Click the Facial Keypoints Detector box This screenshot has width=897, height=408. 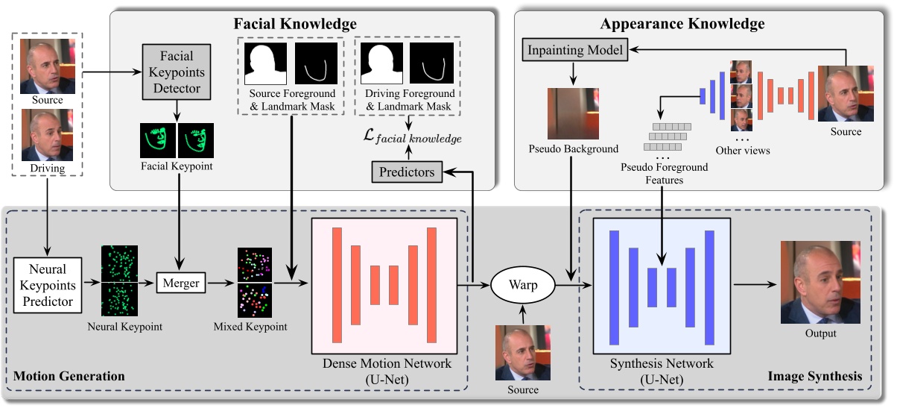click(x=177, y=72)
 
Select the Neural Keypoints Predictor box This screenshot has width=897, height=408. click(x=48, y=285)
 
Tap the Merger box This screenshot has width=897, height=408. click(x=180, y=283)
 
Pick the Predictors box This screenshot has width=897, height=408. click(x=406, y=172)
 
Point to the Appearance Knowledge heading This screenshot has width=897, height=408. click(x=682, y=24)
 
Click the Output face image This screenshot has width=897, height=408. click(x=820, y=282)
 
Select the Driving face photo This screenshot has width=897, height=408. click(x=47, y=135)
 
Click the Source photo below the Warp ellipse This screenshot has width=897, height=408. click(x=522, y=352)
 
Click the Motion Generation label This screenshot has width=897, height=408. click(x=69, y=376)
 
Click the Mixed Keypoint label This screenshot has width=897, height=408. click(x=250, y=326)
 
